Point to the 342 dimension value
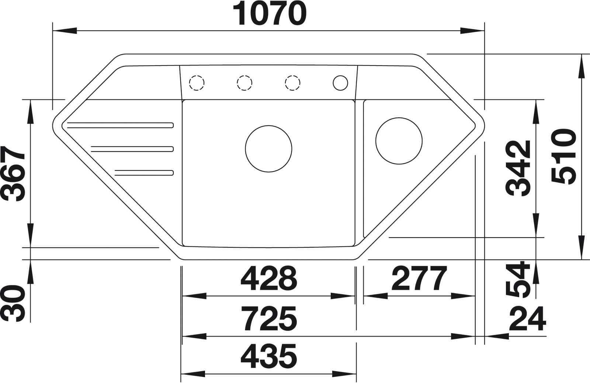point(518,168)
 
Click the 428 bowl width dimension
point(269,278)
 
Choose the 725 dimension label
point(269,318)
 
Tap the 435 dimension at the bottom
point(269,356)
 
